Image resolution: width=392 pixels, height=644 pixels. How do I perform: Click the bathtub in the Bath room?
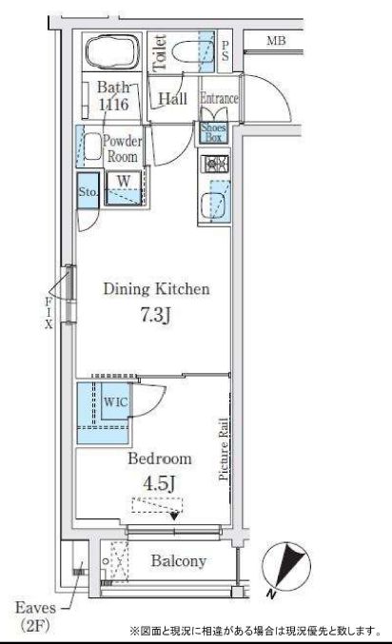111,51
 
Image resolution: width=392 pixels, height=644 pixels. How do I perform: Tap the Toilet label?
160,53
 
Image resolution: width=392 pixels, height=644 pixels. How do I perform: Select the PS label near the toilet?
225,51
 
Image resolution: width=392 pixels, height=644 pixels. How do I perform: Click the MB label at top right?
276,41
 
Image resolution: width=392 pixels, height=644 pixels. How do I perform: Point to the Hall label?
172,99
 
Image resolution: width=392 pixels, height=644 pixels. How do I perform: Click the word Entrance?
219,99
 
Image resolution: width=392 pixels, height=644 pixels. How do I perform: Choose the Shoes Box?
213,132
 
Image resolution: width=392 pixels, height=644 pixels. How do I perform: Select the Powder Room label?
122,148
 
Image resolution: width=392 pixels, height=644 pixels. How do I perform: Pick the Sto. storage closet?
88,191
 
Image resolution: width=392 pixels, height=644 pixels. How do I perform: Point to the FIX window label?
49,313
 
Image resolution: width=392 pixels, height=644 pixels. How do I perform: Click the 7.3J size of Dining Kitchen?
155,316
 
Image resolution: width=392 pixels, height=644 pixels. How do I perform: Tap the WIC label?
115,401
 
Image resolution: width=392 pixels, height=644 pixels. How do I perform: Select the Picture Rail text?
224,449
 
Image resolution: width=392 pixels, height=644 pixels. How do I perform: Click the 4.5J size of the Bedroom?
159,483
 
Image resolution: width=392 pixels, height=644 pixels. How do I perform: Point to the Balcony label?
179,560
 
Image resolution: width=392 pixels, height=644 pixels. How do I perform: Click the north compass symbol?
286,566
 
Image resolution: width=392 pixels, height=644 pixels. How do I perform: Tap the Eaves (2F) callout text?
35,616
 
